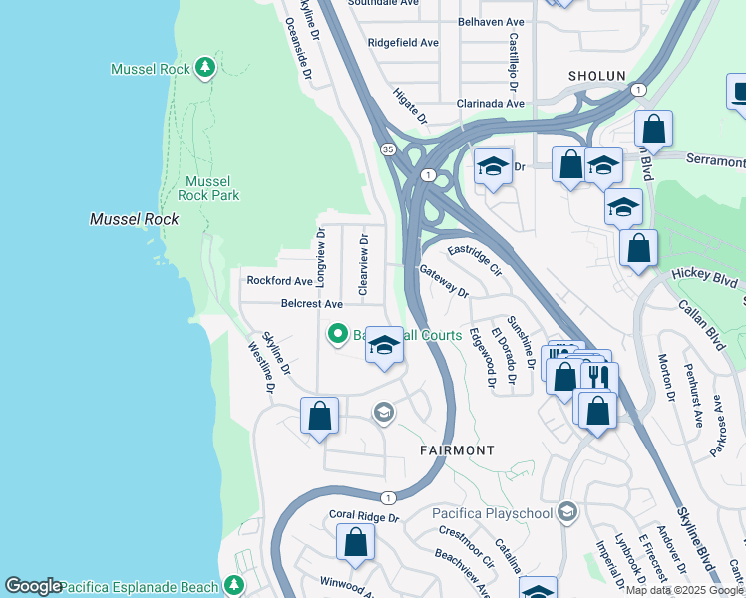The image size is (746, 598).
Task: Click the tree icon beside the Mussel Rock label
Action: pyautogui.click(x=205, y=68)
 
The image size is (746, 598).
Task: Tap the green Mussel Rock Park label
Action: pyautogui.click(x=207, y=188)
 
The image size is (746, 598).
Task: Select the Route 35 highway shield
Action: pyautogui.click(x=387, y=149)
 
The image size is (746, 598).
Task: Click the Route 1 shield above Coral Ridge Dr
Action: pyautogui.click(x=389, y=497)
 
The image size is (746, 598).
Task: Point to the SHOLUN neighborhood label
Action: pyautogui.click(x=596, y=76)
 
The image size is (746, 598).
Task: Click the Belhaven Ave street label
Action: pyautogui.click(x=491, y=21)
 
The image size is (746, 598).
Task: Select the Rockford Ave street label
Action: pyautogui.click(x=280, y=281)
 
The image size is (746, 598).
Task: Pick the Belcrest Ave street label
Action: pyautogui.click(x=311, y=303)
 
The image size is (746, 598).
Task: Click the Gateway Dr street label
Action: pyautogui.click(x=444, y=281)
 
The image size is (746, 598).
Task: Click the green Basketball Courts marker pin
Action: pyautogui.click(x=338, y=334)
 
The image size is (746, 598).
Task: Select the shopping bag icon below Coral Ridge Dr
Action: pyautogui.click(x=355, y=543)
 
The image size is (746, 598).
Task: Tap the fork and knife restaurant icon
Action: pyautogui.click(x=599, y=378)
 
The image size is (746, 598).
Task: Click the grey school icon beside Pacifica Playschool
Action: pyautogui.click(x=567, y=513)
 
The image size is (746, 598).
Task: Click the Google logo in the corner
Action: pyautogui.click(x=33, y=586)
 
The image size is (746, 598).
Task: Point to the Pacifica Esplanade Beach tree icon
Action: pyautogui.click(x=234, y=584)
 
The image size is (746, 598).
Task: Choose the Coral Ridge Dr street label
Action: pyautogui.click(x=363, y=518)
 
